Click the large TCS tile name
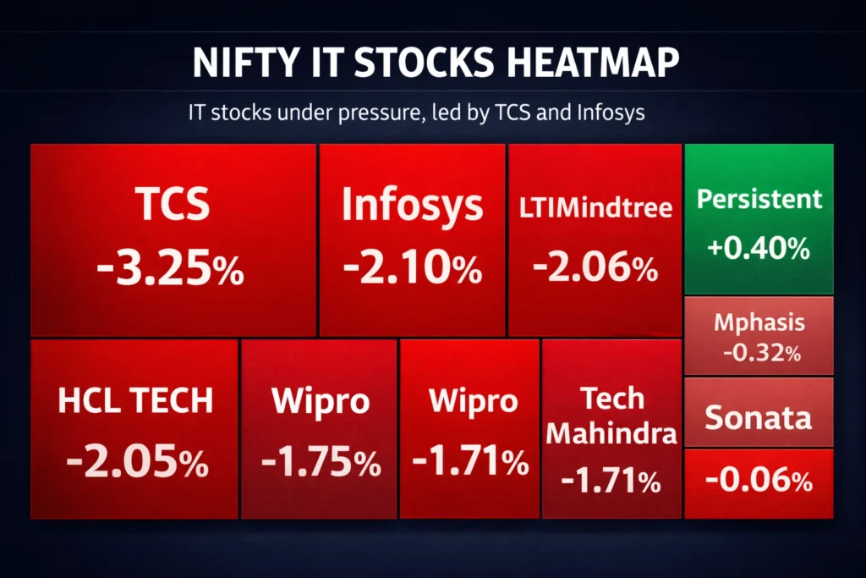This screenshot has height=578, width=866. [172, 205]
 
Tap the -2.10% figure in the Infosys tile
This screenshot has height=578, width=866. [412, 269]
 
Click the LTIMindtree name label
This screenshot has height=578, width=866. [595, 207]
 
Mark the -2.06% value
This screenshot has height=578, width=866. [595, 269]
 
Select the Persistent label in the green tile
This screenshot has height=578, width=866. [759, 199]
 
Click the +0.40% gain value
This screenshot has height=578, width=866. [759, 248]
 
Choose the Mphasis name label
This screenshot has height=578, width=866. [759, 322]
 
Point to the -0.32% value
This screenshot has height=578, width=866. [759, 353]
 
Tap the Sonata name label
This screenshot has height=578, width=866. [759, 417]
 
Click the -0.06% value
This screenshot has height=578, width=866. [759, 482]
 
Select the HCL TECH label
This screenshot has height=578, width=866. [135, 401]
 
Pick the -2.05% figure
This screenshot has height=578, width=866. [136, 462]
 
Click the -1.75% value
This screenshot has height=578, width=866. [321, 462]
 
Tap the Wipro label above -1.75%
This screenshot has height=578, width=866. [321, 401]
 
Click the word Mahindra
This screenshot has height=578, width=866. [611, 434]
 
